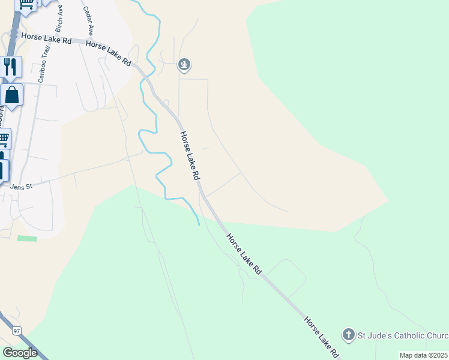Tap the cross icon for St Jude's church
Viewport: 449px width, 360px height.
pos(348,334)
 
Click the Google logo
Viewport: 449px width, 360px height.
pos(20,353)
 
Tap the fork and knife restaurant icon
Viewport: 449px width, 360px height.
pos(9,66)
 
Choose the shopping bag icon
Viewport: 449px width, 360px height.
pos(11,94)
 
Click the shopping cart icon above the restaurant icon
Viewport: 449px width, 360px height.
pos(26,4)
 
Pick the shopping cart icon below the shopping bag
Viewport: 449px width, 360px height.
pos(4,139)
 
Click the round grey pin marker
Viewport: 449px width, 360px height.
pos(184,64)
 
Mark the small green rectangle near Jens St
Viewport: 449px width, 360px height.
pos(27,239)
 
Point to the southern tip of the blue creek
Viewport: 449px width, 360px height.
pos(199,225)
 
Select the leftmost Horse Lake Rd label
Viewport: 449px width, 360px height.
pos(46,38)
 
